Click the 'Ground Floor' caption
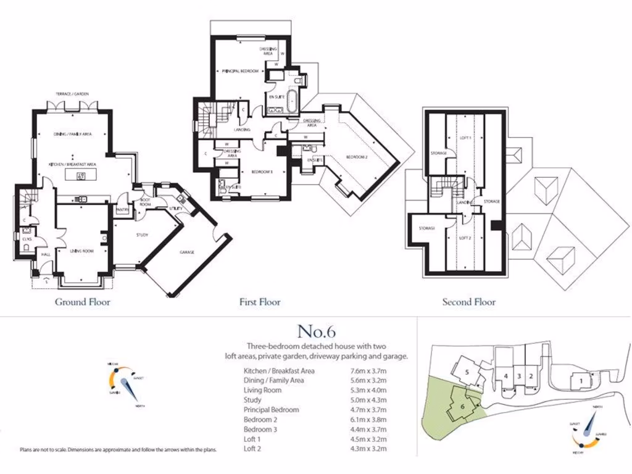click(83, 302)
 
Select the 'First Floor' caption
click(260, 302)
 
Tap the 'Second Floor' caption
click(468, 302)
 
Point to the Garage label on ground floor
click(187, 252)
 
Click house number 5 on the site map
click(468, 372)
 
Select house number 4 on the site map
click(505, 375)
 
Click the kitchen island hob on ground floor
click(80, 177)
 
